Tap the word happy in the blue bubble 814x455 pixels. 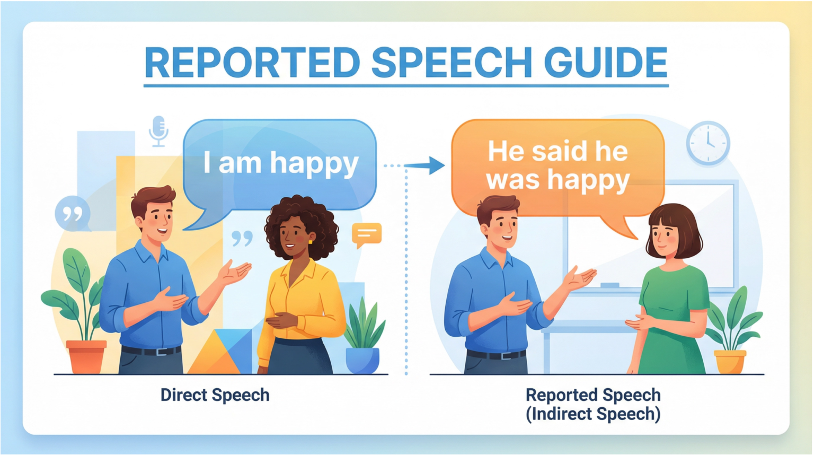(x=314, y=164)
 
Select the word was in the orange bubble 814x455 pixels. (x=513, y=180)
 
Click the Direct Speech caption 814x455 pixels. (x=215, y=395)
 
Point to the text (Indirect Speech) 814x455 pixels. (x=593, y=414)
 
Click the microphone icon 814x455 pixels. (x=158, y=130)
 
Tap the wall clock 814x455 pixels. (x=708, y=143)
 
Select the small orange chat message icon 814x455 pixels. (x=366, y=234)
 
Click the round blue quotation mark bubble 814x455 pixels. (x=73, y=214)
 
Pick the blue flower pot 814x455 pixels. (x=362, y=360)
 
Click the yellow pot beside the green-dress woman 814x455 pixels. (x=730, y=361)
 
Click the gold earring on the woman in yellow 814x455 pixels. (x=310, y=242)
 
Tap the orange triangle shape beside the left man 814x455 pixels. (x=212, y=355)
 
